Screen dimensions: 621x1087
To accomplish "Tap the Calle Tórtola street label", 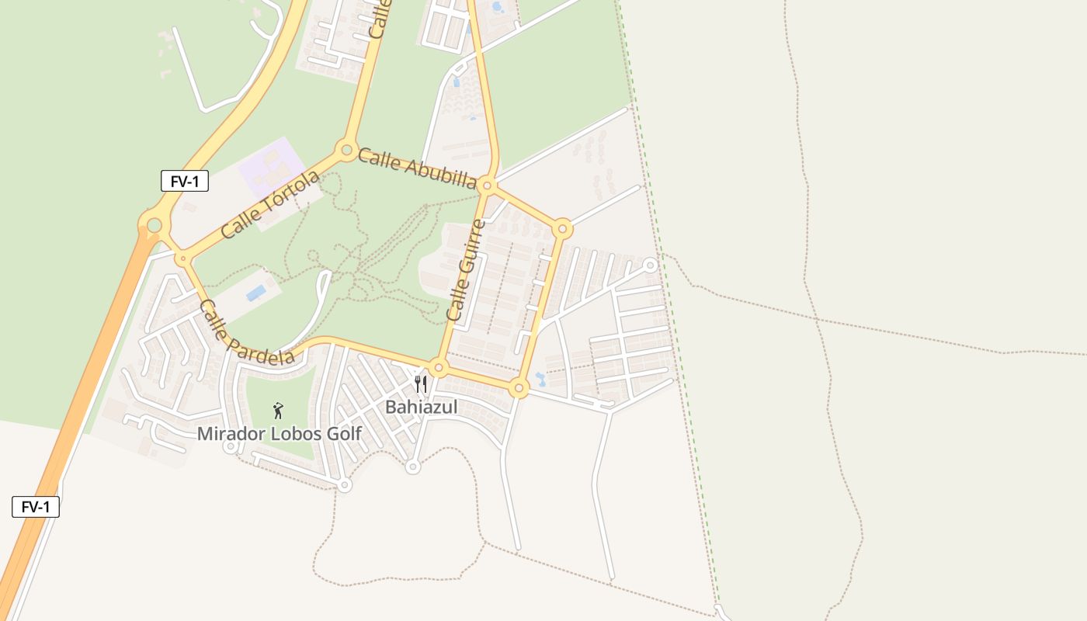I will (269, 205).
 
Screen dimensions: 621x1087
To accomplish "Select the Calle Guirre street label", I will (466, 271).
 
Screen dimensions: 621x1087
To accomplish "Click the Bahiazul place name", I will (422, 408).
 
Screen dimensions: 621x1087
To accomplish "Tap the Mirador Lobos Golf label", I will (279, 434).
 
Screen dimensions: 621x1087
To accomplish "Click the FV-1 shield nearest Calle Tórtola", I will (185, 182).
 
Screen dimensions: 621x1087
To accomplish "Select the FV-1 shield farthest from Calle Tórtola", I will (36, 507).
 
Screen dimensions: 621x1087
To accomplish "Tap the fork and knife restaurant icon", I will (421, 383).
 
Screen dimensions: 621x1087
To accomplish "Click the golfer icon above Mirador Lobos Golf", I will (278, 411).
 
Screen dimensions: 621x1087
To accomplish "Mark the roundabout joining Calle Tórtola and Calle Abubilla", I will (346, 149).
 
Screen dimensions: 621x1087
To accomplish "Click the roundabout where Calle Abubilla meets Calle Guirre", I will (487, 186).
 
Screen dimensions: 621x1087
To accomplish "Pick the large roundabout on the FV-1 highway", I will (154, 226).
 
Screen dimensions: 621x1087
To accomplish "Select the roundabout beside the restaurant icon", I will (439, 367).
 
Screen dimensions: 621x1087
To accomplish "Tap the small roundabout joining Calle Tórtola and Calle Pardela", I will (183, 258).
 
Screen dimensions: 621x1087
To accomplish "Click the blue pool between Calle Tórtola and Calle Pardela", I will (255, 293).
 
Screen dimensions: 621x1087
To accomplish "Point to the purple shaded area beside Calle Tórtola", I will (270, 165).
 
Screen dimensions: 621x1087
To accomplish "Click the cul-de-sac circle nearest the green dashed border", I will (651, 265).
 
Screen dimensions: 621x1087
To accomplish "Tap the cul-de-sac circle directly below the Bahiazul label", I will (413, 467).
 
